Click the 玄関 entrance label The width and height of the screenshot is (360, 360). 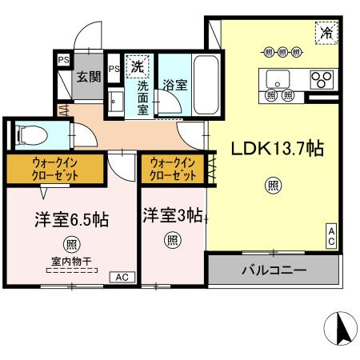tap(89, 77)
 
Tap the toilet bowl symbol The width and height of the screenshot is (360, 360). tap(31, 136)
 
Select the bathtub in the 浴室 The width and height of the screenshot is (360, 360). tap(206, 85)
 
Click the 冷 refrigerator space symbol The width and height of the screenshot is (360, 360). tap(326, 33)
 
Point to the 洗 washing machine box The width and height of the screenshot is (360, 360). tap(138, 66)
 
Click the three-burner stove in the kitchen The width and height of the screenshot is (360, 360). tap(322, 80)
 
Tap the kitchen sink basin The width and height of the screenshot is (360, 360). tap(278, 79)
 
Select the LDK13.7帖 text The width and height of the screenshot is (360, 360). tap(278, 149)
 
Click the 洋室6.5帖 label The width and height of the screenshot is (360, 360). tap(72, 219)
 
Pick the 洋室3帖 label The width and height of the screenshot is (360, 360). tap(173, 215)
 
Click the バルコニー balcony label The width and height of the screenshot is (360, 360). tap(274, 270)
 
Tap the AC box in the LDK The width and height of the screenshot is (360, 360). tap(331, 236)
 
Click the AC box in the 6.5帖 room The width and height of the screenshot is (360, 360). tap(122, 278)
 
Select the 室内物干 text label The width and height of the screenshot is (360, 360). tap(72, 262)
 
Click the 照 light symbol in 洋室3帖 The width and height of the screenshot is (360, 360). tap(173, 240)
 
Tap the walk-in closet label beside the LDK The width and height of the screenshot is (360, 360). tap(173, 169)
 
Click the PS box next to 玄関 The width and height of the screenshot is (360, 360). tap(64, 60)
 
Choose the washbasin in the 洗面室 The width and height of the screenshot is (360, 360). tap(115, 102)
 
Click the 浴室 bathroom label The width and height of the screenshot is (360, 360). tap(175, 85)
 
